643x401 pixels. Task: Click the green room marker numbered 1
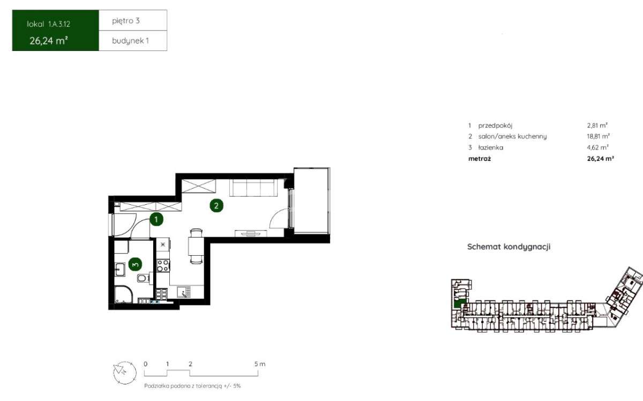[156, 219]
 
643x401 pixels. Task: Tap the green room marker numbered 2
[216, 206]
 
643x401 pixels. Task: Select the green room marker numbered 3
[135, 264]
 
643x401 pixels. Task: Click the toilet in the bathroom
[143, 278]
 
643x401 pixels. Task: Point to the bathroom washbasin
[119, 270]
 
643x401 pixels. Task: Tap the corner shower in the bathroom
[123, 294]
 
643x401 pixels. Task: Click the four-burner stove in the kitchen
[163, 265]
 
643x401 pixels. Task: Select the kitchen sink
[184, 292]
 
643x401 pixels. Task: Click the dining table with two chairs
[196, 246]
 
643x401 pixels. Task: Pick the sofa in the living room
[253, 188]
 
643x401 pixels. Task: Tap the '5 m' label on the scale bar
[260, 364]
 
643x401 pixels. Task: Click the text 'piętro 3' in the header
[126, 21]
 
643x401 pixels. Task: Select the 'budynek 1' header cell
[133, 41]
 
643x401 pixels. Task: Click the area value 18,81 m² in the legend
[598, 136]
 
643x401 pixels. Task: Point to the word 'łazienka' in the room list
[491, 147]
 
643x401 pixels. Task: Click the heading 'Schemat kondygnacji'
[509, 247]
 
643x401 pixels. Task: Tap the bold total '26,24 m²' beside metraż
[601, 159]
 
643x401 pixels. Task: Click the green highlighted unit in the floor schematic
[459, 303]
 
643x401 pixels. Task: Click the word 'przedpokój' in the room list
[495, 125]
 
